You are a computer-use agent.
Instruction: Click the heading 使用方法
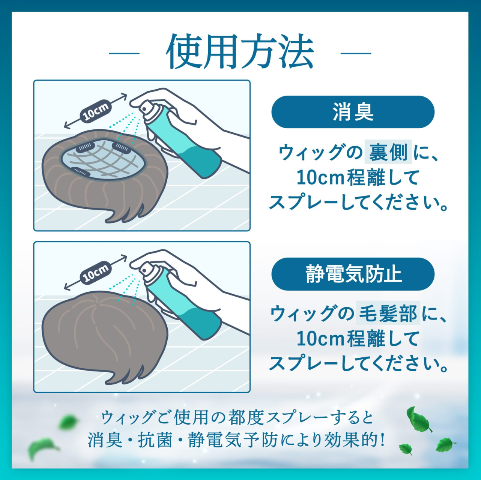240,52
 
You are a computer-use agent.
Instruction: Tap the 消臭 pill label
353,112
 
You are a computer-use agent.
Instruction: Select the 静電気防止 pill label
353,274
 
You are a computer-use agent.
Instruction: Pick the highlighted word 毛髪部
388,313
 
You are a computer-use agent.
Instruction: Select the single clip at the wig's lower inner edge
80,171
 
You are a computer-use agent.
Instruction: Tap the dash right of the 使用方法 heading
356,53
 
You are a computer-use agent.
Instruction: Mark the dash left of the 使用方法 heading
124,53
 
